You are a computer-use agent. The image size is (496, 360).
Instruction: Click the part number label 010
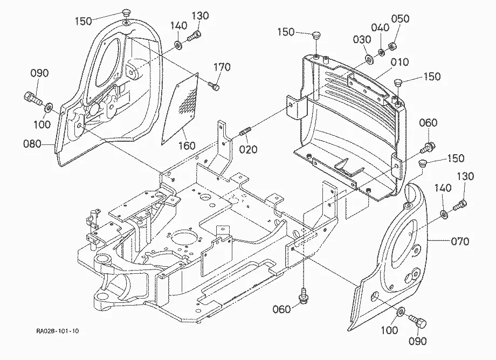click(x=400, y=62)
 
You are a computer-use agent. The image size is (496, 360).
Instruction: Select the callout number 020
click(x=249, y=149)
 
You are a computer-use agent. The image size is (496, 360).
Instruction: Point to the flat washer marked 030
click(x=369, y=59)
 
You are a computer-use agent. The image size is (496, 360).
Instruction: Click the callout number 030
click(x=362, y=40)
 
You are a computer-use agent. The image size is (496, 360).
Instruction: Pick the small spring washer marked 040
click(x=381, y=52)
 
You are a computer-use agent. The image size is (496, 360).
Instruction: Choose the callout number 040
click(x=380, y=27)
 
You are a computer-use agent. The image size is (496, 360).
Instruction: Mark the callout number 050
click(x=400, y=19)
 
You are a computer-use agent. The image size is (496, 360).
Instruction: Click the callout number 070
click(x=460, y=242)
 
